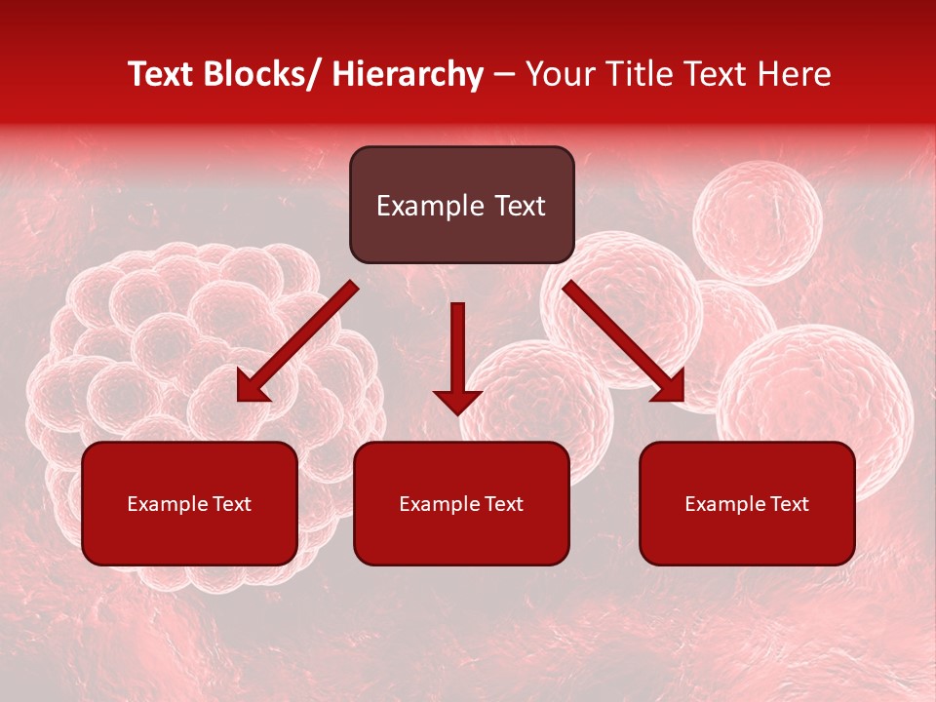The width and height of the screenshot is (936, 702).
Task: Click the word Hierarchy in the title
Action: click(408, 74)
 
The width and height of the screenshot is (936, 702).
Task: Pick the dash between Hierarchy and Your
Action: click(503, 75)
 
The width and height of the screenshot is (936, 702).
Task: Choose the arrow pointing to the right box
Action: click(624, 342)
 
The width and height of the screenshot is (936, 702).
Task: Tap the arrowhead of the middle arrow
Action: click(457, 401)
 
